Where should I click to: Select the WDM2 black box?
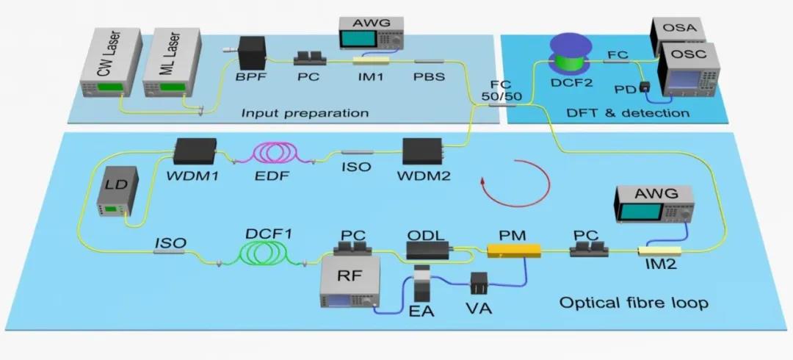[422, 151]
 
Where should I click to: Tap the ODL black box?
[428, 248]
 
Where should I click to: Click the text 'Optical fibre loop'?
[633, 303]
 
